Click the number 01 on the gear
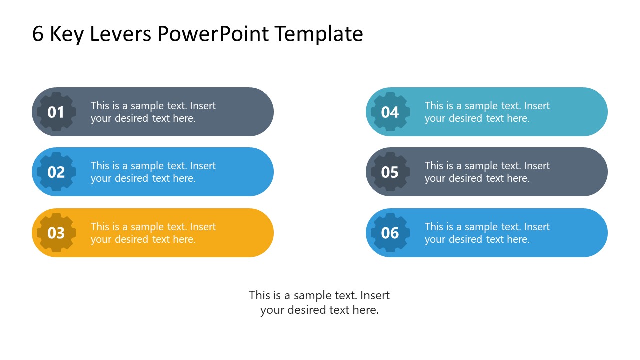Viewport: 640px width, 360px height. click(x=56, y=112)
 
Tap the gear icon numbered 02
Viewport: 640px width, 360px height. click(x=56, y=172)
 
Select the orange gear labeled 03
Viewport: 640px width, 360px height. click(x=56, y=233)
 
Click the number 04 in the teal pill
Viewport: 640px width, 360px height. click(x=390, y=112)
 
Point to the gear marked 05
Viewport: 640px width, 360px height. click(x=390, y=172)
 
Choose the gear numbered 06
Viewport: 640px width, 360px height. click(x=390, y=233)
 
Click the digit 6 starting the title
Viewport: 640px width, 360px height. click(x=37, y=34)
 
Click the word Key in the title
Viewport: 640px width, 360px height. click(x=67, y=34)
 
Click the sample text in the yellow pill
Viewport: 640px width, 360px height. click(x=153, y=233)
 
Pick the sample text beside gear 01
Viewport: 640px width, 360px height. click(x=153, y=112)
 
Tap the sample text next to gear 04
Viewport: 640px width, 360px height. click(x=487, y=112)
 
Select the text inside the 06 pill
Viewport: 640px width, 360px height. click(x=487, y=233)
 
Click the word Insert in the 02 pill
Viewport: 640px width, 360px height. click(x=203, y=166)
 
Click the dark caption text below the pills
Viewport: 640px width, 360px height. click(x=319, y=302)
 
